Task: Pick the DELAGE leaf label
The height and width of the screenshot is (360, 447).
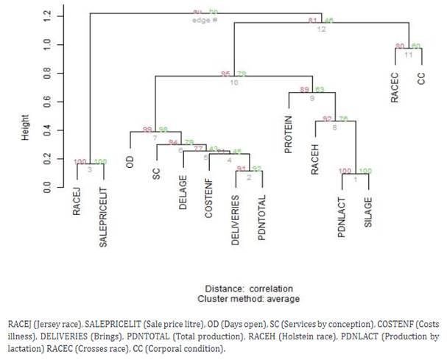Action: pyautogui.click(x=183, y=194)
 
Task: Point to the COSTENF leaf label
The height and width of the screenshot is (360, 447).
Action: pyautogui.click(x=209, y=197)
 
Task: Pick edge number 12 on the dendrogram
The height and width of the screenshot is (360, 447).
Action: pyautogui.click(x=322, y=29)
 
